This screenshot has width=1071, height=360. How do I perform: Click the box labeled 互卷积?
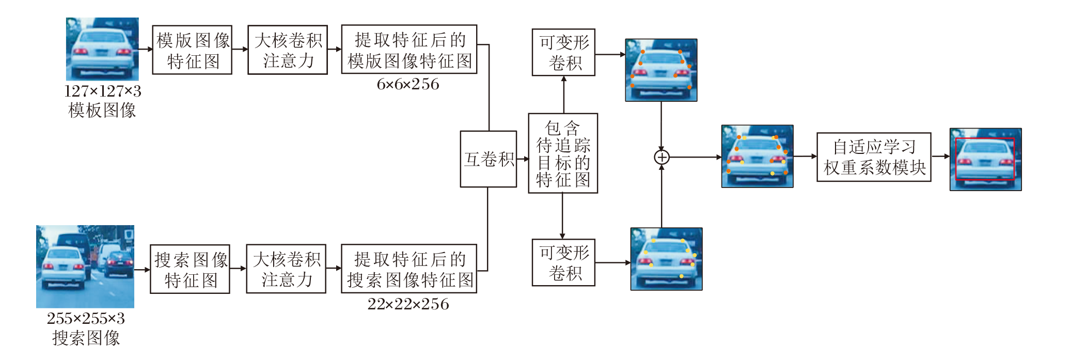(488, 159)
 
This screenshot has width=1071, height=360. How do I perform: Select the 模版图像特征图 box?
(192, 50)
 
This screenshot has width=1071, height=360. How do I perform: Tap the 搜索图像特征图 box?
(190, 269)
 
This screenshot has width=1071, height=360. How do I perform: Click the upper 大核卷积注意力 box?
(288, 50)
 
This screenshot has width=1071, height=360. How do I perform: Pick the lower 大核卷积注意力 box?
(286, 269)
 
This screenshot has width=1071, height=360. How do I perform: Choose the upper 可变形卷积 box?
(563, 52)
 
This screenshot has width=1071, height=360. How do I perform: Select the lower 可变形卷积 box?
(563, 262)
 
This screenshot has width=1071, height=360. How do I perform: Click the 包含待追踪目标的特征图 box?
(563, 153)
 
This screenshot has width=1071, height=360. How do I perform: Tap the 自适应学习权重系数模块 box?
(874, 157)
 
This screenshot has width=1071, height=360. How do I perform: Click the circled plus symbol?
(661, 157)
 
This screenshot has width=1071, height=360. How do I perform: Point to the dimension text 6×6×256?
(408, 84)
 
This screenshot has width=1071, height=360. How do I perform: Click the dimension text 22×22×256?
(408, 304)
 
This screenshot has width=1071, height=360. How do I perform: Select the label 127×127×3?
(103, 91)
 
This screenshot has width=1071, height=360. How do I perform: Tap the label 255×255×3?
(86, 319)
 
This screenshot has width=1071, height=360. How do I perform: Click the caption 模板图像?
(102, 110)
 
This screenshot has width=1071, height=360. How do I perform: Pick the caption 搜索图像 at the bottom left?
(86, 338)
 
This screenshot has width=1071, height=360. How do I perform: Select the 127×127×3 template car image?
(102, 49)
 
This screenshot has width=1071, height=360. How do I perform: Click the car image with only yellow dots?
(666, 259)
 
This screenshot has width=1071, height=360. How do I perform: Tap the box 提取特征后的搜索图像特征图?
(409, 269)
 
